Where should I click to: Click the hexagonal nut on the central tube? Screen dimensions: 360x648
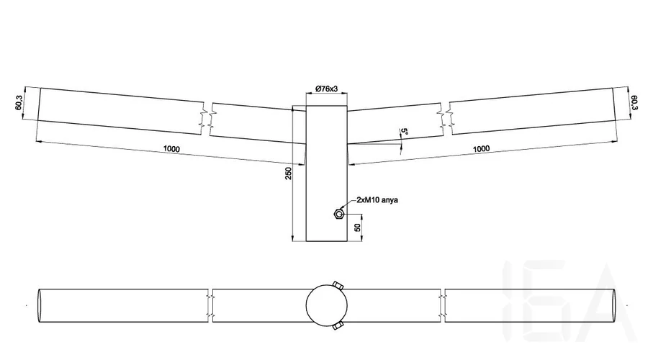point(338,214)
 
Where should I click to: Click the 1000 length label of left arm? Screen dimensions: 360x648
point(172,148)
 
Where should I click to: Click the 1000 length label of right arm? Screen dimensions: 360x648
point(482,148)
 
